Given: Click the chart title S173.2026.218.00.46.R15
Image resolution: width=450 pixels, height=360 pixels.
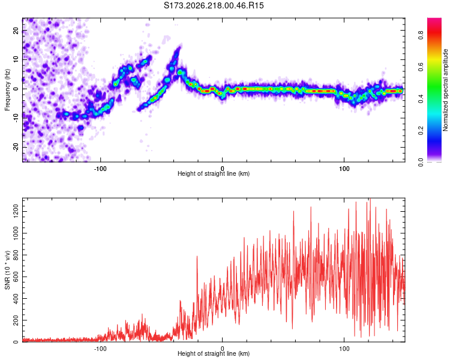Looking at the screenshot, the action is point(214,5).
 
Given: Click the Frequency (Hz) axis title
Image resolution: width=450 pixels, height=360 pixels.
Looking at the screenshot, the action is point(7,90).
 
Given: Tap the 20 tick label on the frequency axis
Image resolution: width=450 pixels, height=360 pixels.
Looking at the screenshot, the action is point(16,31).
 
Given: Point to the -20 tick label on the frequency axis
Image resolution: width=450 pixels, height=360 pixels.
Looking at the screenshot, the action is point(16,147).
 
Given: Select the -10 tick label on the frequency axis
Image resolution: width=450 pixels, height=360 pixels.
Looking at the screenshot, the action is point(16,118).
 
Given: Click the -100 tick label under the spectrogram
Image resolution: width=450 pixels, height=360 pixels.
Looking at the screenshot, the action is point(100,169).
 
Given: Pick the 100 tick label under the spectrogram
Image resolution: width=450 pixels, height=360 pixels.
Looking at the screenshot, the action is point(344,169).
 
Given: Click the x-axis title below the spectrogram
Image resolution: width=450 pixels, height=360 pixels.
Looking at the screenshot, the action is point(214,173).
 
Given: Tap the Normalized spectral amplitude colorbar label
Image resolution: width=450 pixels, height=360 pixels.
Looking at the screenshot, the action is point(445,90).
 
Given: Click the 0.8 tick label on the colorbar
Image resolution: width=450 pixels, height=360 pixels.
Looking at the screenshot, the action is point(421,35).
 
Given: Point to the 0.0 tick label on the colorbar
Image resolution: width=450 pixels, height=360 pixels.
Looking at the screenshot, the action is point(421,163).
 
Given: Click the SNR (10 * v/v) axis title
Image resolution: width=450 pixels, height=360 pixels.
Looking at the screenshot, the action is point(7,270).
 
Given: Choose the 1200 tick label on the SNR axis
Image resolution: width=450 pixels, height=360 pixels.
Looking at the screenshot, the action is point(16,212).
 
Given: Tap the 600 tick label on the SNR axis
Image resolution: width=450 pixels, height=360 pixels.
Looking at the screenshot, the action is point(16,277).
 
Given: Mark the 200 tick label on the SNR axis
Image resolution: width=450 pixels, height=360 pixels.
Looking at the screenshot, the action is point(16,320).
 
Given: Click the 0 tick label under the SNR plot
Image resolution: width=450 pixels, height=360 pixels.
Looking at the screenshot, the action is point(222,349).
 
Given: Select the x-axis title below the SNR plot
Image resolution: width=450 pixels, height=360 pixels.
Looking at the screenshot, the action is point(214,353).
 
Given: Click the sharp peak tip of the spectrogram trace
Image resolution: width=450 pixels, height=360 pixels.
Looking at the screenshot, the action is point(180,46).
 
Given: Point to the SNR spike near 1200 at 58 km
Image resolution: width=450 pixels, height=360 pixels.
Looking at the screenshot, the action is point(293,211).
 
